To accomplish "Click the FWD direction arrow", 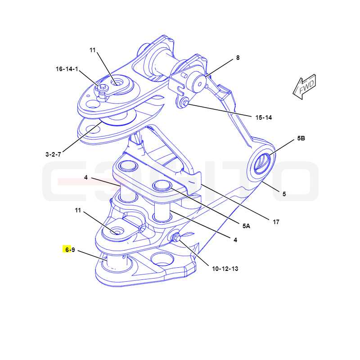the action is (x=305, y=86).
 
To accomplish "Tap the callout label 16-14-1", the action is (x=67, y=69).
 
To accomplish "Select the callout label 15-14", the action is (x=264, y=117).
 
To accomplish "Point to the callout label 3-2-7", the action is (x=53, y=154).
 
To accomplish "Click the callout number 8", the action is (x=238, y=58).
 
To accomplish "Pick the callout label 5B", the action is (x=301, y=138).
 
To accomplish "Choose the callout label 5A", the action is (x=246, y=226).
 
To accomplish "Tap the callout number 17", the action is (x=276, y=222).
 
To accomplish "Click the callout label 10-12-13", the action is (x=225, y=269).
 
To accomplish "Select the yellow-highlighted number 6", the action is (x=67, y=250).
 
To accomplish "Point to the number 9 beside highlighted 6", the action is (x=73, y=250).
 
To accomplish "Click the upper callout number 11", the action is (x=93, y=50).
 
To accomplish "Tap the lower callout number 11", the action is (x=78, y=210).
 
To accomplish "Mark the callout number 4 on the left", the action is (x=85, y=177).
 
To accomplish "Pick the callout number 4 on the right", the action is (x=235, y=240).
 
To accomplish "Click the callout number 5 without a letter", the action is (x=284, y=194).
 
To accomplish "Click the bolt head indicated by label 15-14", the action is (x=184, y=103).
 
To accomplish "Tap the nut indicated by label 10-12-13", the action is (x=176, y=238).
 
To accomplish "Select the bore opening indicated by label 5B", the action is (x=262, y=162).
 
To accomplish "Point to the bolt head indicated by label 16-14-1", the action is (x=103, y=87).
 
